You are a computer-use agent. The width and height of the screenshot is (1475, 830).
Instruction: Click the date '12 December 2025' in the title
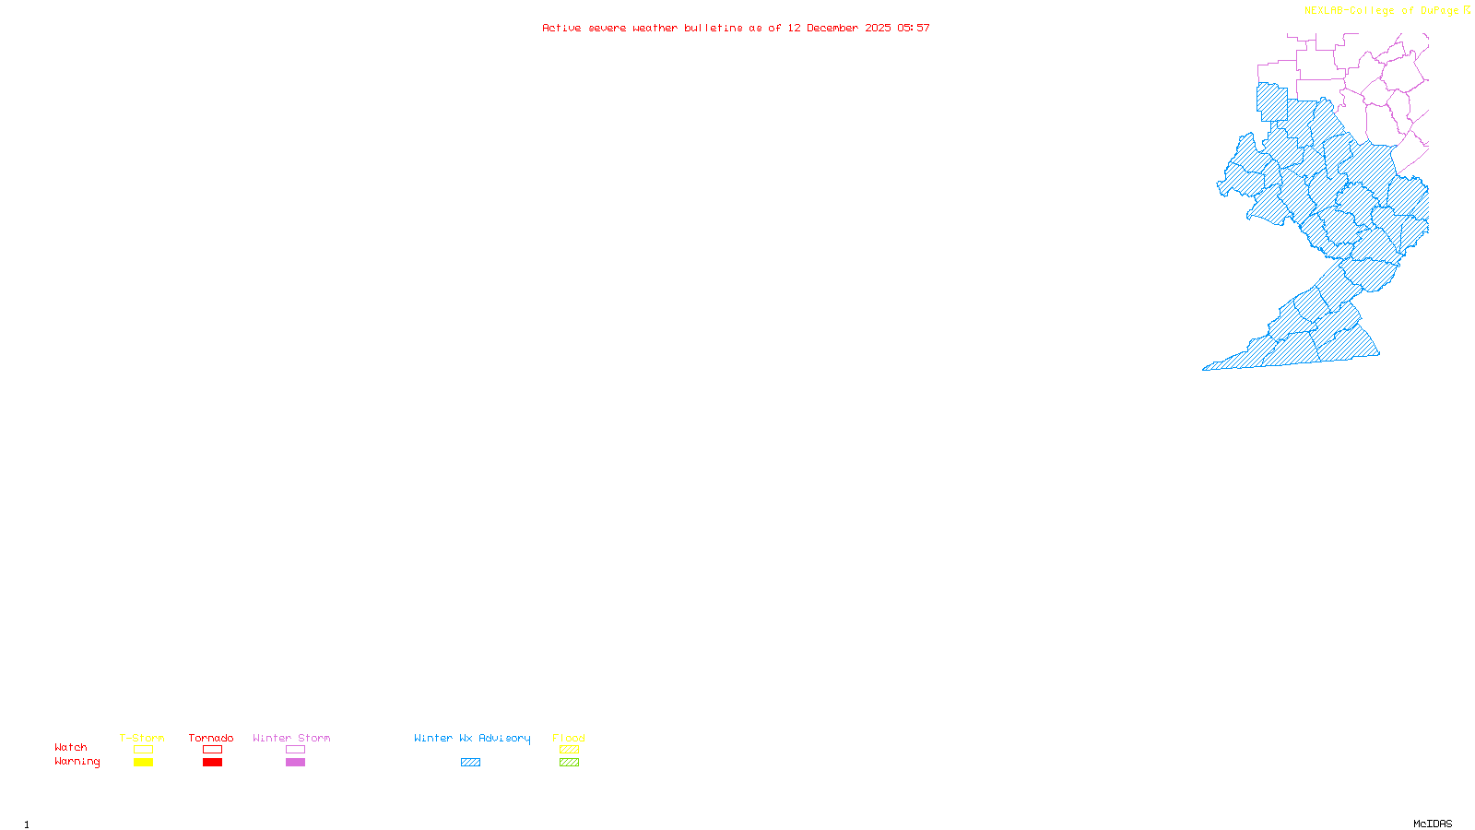(839, 29)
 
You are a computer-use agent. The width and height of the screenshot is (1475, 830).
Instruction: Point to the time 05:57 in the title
(914, 29)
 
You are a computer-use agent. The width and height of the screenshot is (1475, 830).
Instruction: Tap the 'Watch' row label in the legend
(71, 748)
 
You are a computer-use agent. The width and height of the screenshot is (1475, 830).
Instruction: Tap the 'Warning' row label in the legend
(77, 762)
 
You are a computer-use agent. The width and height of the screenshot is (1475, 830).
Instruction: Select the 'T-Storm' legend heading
(142, 738)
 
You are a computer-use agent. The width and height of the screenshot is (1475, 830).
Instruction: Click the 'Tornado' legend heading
(211, 738)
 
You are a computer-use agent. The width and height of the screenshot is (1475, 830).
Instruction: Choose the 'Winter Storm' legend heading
(291, 738)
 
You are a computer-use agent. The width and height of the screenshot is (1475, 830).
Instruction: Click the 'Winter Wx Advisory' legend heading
(472, 738)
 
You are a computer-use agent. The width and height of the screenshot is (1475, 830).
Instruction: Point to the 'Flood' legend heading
(569, 738)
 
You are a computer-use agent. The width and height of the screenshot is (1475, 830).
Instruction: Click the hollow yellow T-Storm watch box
(143, 750)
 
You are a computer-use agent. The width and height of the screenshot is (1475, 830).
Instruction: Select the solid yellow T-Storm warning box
(143, 763)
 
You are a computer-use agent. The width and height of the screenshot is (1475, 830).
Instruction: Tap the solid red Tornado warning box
(213, 763)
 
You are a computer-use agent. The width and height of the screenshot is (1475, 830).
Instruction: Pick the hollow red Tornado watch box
(213, 750)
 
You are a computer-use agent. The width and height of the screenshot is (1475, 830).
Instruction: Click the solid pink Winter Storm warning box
(295, 763)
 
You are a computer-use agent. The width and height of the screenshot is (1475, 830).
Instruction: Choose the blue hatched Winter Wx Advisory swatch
(470, 763)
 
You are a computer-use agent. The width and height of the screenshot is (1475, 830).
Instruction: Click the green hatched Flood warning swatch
(569, 763)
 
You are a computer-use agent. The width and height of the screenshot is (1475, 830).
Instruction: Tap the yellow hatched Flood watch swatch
(569, 750)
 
